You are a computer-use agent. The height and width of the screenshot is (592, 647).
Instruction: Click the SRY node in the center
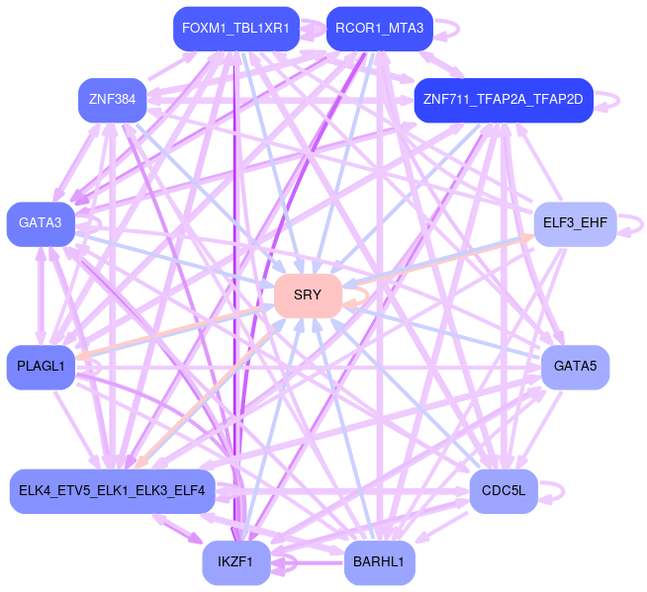308,296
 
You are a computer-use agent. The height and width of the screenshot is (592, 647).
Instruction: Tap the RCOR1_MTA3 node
379,29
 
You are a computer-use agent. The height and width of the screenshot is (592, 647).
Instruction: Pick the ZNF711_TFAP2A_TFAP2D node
503,100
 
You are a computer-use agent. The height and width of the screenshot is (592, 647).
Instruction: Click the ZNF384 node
112,100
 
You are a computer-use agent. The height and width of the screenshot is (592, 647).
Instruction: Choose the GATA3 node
41,223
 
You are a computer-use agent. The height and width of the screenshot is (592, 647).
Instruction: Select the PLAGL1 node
41,367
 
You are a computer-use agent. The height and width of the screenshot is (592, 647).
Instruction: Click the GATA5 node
575,367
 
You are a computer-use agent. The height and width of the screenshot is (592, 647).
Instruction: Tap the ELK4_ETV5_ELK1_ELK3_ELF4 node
112,491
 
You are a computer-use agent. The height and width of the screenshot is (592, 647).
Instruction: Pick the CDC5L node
503,491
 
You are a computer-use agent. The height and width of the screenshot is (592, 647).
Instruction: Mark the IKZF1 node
235,562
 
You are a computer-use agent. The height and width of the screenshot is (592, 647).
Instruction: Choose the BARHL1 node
379,562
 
